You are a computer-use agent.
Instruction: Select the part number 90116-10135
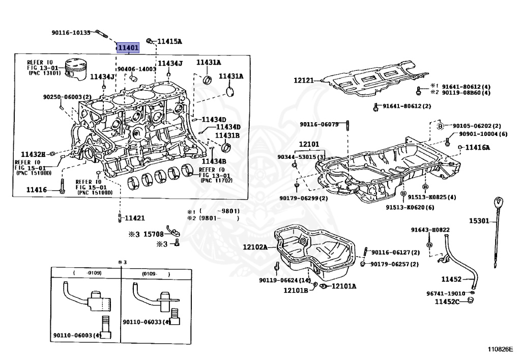click(71, 33)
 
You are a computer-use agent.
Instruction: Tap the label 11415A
click(169, 41)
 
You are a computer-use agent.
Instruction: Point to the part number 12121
click(304, 80)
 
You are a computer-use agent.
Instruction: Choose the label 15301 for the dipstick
click(479, 221)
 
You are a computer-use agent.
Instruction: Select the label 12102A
click(255, 247)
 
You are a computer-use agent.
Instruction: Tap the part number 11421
click(135, 218)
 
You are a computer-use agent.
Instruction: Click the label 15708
click(153, 234)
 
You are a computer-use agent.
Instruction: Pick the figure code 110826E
click(500, 350)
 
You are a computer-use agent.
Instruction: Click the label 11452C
click(447, 302)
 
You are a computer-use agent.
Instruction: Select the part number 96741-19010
click(445, 293)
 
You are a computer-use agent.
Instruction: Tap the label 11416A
click(477, 148)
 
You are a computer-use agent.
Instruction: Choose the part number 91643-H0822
click(430, 230)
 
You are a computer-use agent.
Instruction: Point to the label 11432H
click(33, 154)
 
